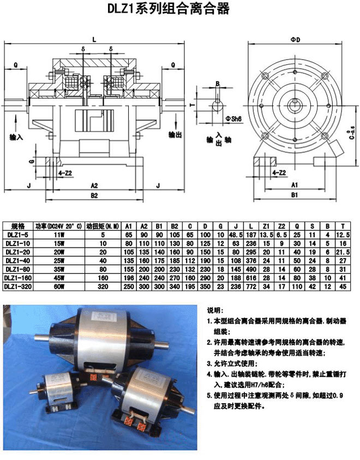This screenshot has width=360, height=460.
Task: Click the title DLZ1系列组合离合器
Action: [x=179, y=9]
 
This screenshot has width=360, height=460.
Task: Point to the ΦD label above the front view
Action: [x=296, y=40]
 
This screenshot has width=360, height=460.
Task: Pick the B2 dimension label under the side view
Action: [x=94, y=195]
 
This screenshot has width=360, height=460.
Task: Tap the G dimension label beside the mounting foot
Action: [x=31, y=162]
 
